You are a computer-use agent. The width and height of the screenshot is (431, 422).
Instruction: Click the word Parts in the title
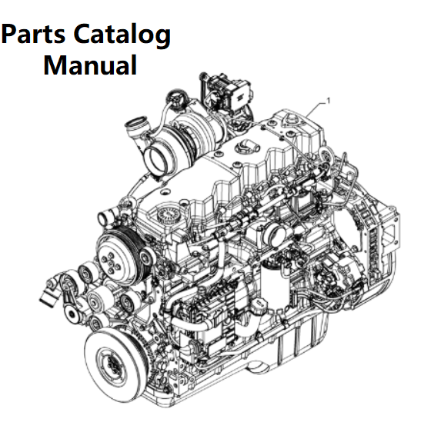click(33, 34)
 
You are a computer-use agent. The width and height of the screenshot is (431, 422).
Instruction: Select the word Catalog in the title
click(122, 36)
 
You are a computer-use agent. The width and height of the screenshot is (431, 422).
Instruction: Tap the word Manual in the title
click(90, 65)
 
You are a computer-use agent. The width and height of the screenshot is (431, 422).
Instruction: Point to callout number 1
click(327, 101)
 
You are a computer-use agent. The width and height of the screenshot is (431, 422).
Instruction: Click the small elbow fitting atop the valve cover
click(247, 146)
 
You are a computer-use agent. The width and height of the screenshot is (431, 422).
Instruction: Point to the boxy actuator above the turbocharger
click(228, 93)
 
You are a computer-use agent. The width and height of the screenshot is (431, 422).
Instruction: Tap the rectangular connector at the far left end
click(49, 298)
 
